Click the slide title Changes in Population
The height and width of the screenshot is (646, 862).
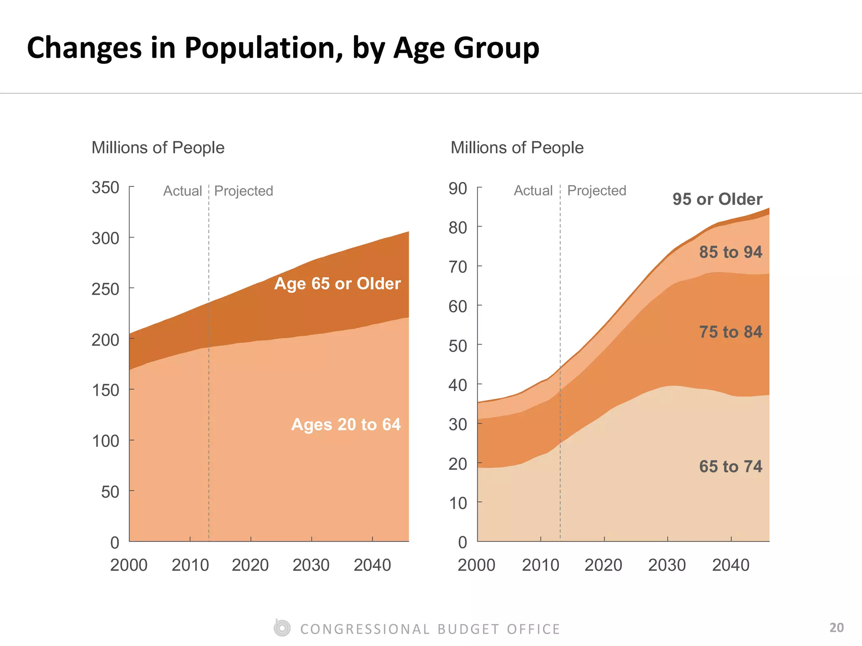(283, 48)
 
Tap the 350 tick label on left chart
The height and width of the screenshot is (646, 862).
(105, 188)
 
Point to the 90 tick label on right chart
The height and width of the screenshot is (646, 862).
(458, 188)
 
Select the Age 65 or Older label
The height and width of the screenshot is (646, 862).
(337, 283)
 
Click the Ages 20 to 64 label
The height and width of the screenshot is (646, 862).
(346, 424)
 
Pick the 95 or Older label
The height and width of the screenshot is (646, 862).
(717, 199)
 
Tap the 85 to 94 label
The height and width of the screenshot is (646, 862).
(730, 252)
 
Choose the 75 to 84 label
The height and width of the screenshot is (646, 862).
(730, 332)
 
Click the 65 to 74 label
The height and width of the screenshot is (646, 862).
(730, 466)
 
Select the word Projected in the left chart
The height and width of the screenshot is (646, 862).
(243, 191)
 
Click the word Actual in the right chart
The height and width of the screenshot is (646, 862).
(533, 191)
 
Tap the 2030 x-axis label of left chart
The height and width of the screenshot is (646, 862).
(311, 565)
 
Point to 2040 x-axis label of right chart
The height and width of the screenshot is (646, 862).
(731, 565)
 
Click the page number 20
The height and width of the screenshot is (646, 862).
(836, 627)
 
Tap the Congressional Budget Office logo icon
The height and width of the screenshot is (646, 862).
(282, 628)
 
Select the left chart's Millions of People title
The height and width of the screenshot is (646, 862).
(158, 148)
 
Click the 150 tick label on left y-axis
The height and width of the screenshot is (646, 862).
(105, 390)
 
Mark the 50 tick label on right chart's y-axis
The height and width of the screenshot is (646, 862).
(458, 346)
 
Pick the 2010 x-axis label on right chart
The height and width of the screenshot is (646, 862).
(540, 565)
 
